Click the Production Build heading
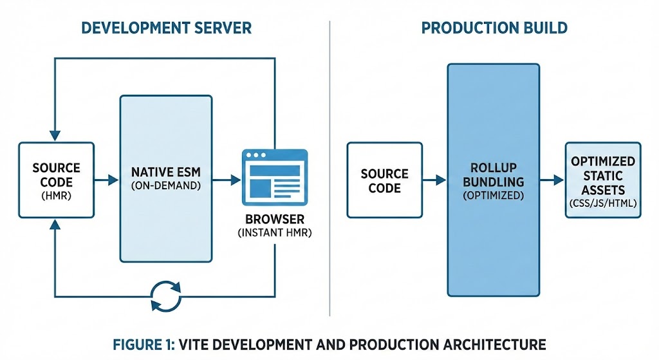(494, 28)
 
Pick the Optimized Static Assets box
(603, 180)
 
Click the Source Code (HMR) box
(56, 180)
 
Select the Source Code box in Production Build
(384, 180)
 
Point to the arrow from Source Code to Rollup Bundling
(434, 180)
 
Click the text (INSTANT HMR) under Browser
(274, 232)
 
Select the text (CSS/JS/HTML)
(603, 204)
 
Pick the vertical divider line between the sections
(329, 167)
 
